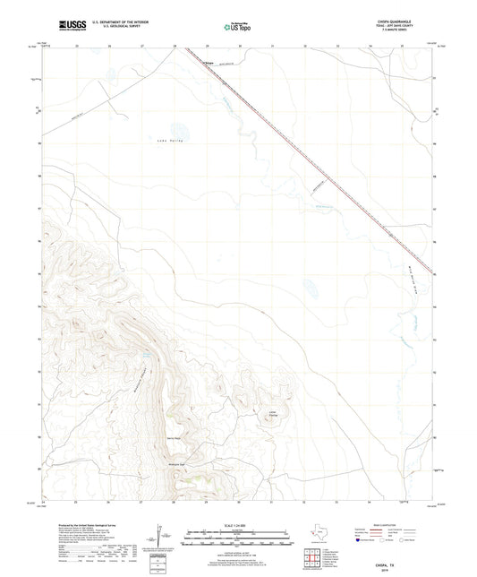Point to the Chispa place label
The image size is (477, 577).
[x=210, y=63]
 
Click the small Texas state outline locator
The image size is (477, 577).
[x=320, y=534]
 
